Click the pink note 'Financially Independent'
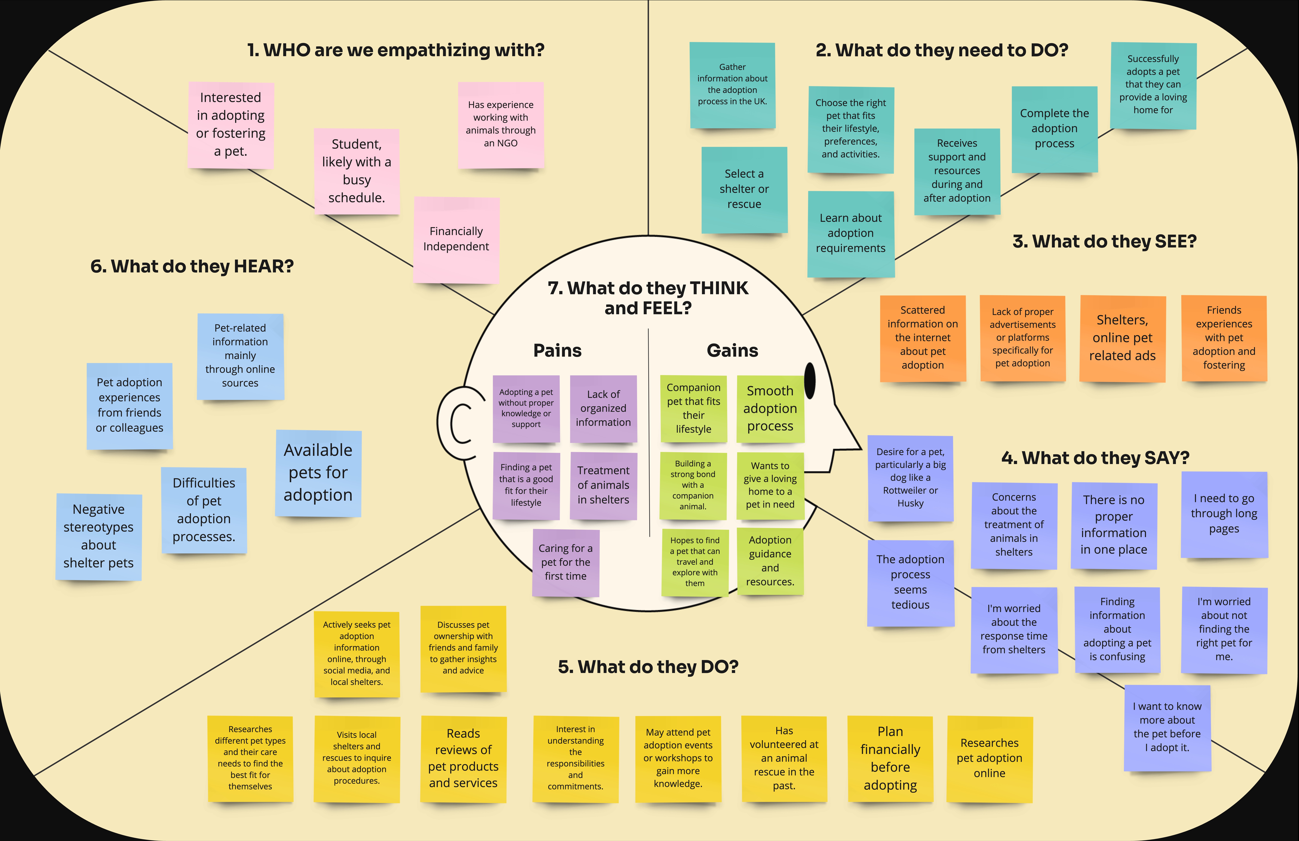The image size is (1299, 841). (x=456, y=239)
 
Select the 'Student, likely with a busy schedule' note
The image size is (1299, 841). (x=356, y=171)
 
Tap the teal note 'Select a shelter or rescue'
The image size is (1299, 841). (x=744, y=189)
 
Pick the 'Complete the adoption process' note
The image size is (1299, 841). (x=1054, y=129)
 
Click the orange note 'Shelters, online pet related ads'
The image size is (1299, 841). (x=1122, y=338)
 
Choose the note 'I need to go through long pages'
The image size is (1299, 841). (x=1224, y=514)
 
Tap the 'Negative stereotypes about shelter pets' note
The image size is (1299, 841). (x=99, y=536)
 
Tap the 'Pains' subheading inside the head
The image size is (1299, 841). (x=557, y=351)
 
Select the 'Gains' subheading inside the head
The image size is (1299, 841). (x=732, y=351)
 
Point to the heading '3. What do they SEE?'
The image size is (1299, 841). (x=1104, y=241)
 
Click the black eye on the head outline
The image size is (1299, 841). (x=810, y=381)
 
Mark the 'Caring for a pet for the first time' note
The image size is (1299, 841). (x=565, y=562)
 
